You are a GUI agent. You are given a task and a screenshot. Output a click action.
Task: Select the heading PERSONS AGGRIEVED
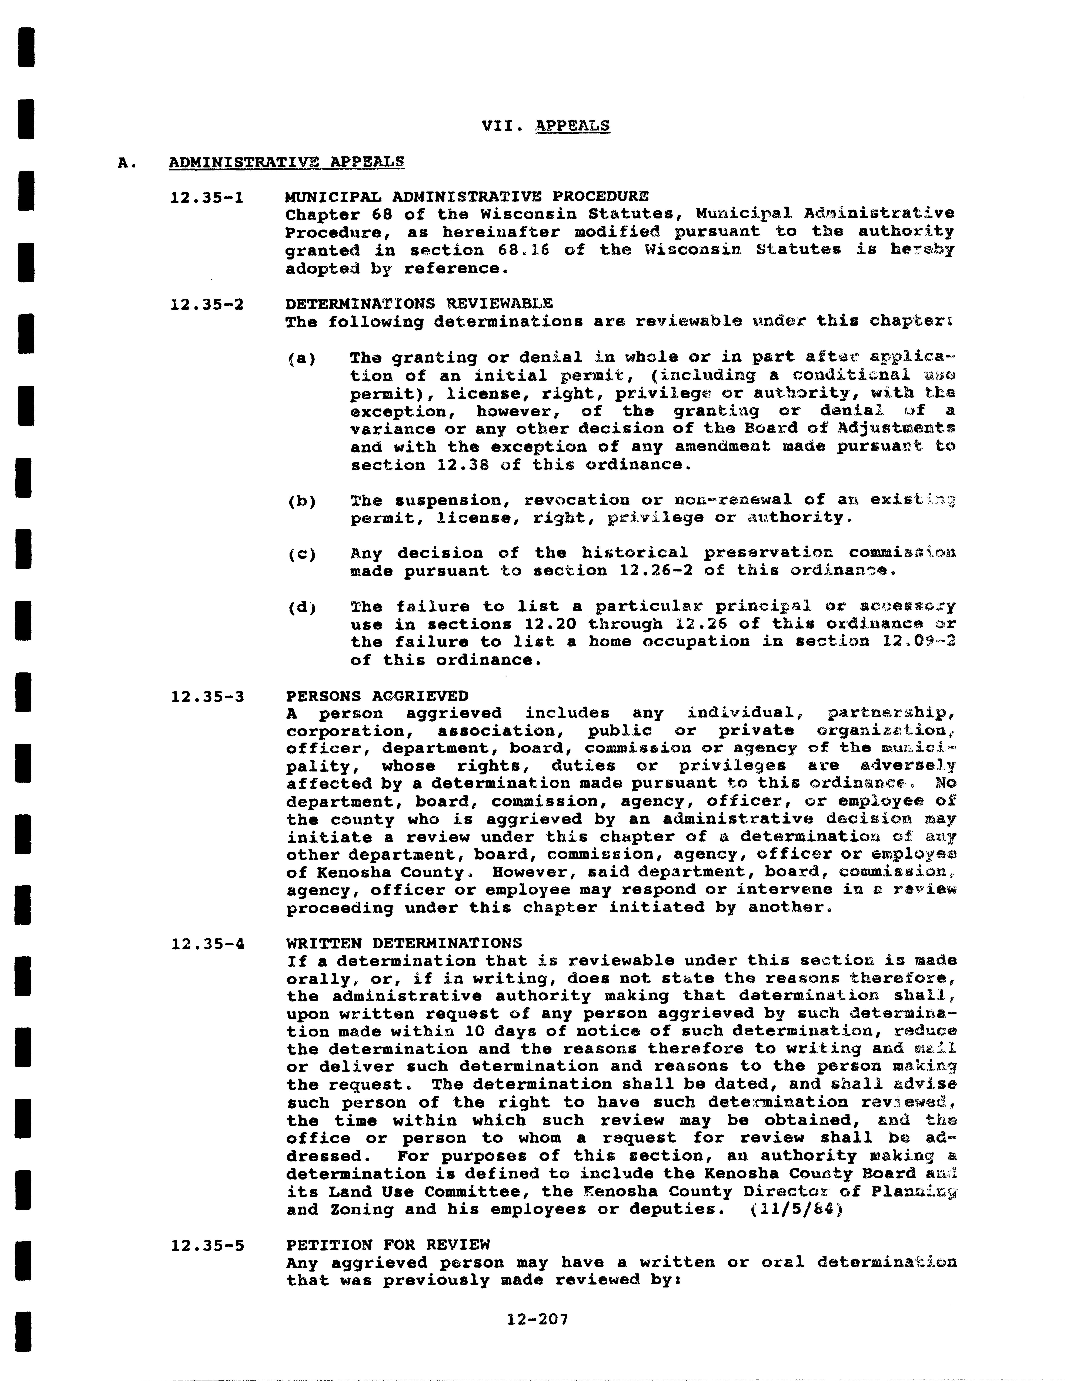coord(377,696)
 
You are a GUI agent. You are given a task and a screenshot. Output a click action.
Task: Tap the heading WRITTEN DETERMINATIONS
coord(404,943)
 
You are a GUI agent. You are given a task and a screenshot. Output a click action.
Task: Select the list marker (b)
coord(302,501)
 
